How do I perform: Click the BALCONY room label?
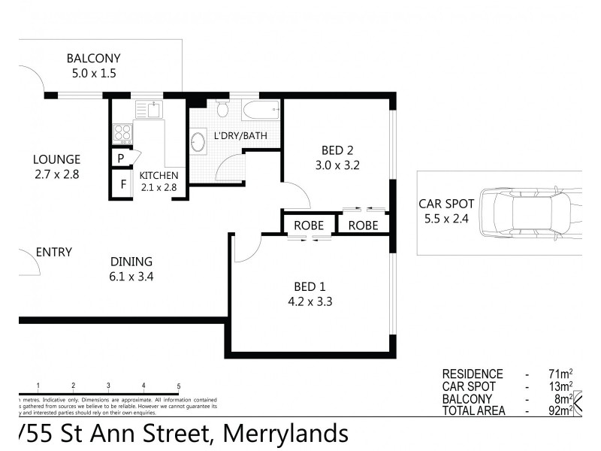tap(93, 59)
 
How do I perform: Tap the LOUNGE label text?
tap(56, 159)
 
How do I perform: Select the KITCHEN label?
tap(159, 176)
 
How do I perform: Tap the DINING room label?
tap(131, 262)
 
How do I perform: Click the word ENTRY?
tap(54, 252)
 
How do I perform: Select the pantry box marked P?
tap(120, 159)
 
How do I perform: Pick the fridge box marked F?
tap(120, 183)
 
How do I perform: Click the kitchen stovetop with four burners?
tap(122, 133)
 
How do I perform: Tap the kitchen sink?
tap(152, 110)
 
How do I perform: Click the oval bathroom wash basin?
tap(199, 142)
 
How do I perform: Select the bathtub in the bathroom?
tap(260, 110)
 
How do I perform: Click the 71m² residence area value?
tap(560, 374)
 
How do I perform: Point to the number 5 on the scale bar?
tap(179, 386)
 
